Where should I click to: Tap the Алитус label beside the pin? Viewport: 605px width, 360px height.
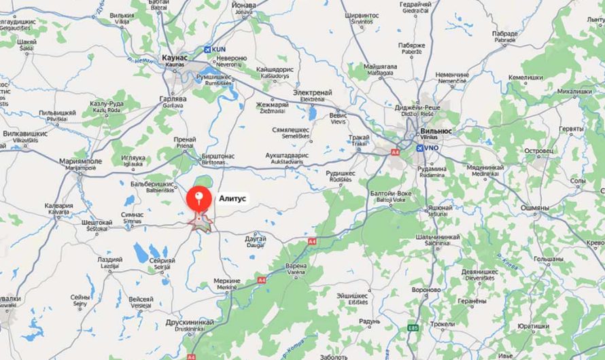232,199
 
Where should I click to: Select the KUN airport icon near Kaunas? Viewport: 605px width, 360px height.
208,50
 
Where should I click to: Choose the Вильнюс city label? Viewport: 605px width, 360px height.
437,129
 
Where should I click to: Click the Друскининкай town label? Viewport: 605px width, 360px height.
190,322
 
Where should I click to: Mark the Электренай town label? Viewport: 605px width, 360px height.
312,92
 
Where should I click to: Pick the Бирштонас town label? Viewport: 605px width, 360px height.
218,156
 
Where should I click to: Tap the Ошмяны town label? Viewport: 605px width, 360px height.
534,208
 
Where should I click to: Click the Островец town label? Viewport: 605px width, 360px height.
540,150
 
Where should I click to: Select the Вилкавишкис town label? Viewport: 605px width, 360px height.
24,134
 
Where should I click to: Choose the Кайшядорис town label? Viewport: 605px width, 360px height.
273,70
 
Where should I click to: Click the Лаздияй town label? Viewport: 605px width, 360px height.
109,259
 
